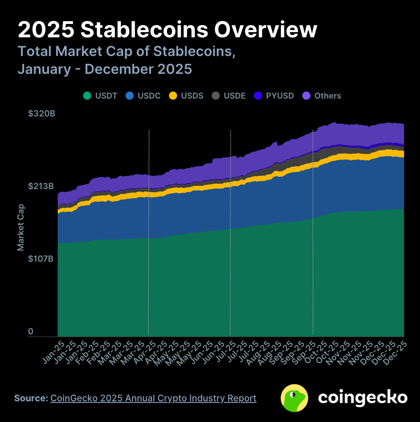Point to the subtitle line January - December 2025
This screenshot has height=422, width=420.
click(x=105, y=69)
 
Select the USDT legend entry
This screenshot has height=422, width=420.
click(x=100, y=96)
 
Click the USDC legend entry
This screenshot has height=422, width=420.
click(x=143, y=96)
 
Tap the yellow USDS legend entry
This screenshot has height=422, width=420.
click(x=186, y=96)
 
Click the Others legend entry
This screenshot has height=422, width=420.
click(x=322, y=96)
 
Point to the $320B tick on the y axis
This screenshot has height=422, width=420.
click(x=41, y=114)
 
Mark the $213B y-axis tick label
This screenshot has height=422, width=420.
click(x=41, y=186)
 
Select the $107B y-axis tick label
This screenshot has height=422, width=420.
click(x=41, y=258)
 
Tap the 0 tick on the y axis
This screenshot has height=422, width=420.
click(x=31, y=332)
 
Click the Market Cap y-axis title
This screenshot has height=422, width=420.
click(x=21, y=227)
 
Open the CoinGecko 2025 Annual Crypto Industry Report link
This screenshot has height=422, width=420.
click(x=153, y=398)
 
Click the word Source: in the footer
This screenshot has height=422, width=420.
click(x=31, y=398)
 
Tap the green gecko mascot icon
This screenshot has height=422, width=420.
click(x=294, y=398)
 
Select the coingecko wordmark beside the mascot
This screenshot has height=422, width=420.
click(x=362, y=397)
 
